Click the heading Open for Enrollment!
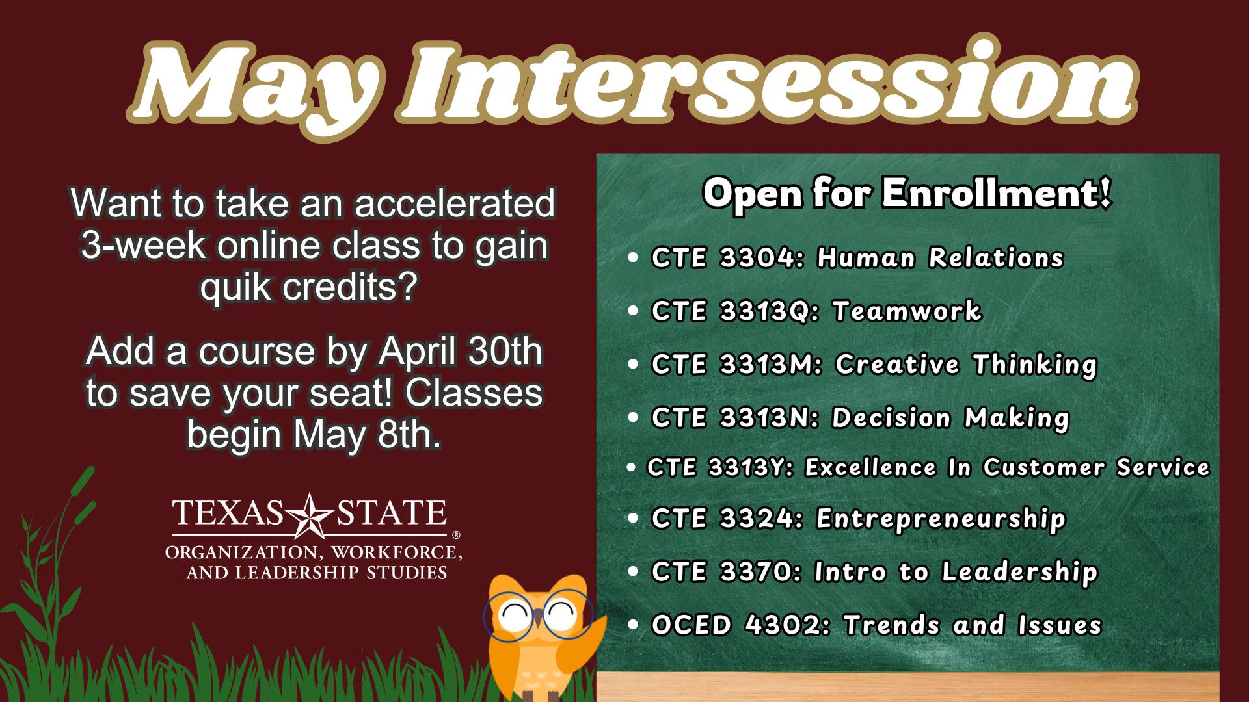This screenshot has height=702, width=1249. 907,193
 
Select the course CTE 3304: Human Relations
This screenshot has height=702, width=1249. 857,257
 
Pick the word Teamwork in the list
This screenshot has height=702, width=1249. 907,311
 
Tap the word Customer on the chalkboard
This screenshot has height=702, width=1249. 1043,467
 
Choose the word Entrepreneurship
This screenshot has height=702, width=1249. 941,519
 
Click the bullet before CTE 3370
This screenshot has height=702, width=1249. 634,572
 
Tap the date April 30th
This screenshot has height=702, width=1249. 460,352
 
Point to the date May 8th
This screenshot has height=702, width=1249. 368,434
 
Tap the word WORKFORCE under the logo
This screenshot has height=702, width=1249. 396,552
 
